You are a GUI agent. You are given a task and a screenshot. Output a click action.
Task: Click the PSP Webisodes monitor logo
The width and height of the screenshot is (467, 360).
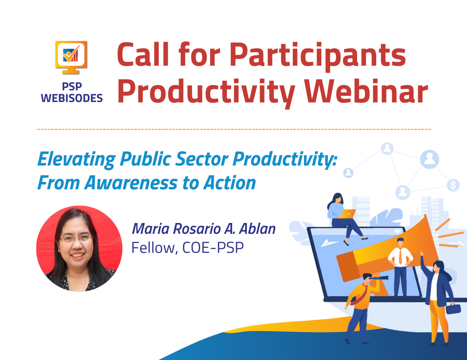point(71,57)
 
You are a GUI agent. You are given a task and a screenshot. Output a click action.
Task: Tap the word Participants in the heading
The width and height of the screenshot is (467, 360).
point(318,55)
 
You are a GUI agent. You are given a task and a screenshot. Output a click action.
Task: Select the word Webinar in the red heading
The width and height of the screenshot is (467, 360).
point(366,92)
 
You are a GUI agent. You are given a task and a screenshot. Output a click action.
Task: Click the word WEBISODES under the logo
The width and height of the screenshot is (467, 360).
point(72,98)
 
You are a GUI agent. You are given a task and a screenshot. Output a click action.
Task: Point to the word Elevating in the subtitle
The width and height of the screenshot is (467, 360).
point(77,159)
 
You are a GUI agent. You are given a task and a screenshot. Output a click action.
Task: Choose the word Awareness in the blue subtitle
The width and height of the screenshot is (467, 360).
point(131,182)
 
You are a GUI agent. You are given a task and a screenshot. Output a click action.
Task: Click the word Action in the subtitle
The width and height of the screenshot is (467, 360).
point(230,182)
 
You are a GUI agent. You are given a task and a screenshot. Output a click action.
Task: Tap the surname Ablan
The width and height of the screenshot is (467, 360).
point(257,229)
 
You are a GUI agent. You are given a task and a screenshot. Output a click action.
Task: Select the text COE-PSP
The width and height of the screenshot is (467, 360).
point(213,248)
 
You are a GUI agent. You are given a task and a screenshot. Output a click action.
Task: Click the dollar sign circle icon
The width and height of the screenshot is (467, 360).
point(453,185)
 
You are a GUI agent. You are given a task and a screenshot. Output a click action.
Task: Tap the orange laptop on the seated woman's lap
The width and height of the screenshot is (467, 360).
point(348,213)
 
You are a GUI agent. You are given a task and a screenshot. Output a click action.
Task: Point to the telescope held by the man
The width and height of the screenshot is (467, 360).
point(378,278)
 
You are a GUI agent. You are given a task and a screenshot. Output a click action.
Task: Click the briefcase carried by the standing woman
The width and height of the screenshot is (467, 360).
point(453,309)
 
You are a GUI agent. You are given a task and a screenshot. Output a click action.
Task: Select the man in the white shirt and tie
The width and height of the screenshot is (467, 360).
point(400,267)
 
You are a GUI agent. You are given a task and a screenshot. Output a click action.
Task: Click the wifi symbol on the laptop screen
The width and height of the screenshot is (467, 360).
point(397,231)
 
